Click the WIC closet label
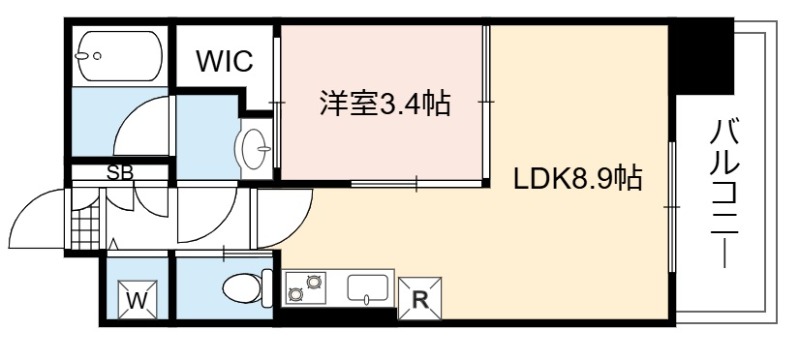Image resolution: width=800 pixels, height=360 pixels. coord(225,61)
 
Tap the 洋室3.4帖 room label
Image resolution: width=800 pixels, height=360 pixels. coord(385,104)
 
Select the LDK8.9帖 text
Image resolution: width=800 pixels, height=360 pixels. coord(578,179)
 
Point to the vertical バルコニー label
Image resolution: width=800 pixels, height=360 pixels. coord(724,193)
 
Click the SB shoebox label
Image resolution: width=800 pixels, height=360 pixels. coord(120,173)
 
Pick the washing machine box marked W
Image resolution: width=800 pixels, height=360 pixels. coord(137,300)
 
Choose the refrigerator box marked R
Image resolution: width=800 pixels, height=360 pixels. coord(419,299)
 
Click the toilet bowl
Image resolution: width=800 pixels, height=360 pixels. coord(243,289)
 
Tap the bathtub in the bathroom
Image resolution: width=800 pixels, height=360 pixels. coord(120,56)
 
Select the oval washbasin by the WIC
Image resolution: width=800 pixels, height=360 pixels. coord(253,148)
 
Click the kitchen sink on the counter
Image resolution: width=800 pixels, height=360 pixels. coord(367,289)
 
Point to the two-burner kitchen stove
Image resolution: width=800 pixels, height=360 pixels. coord(306,287)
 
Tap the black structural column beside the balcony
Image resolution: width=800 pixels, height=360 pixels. coord(702,56)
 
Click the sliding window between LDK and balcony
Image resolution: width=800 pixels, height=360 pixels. coord(672,207)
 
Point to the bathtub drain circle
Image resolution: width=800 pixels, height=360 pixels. coord(97,56)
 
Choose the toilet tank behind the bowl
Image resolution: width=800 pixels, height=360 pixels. coord(267,289)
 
